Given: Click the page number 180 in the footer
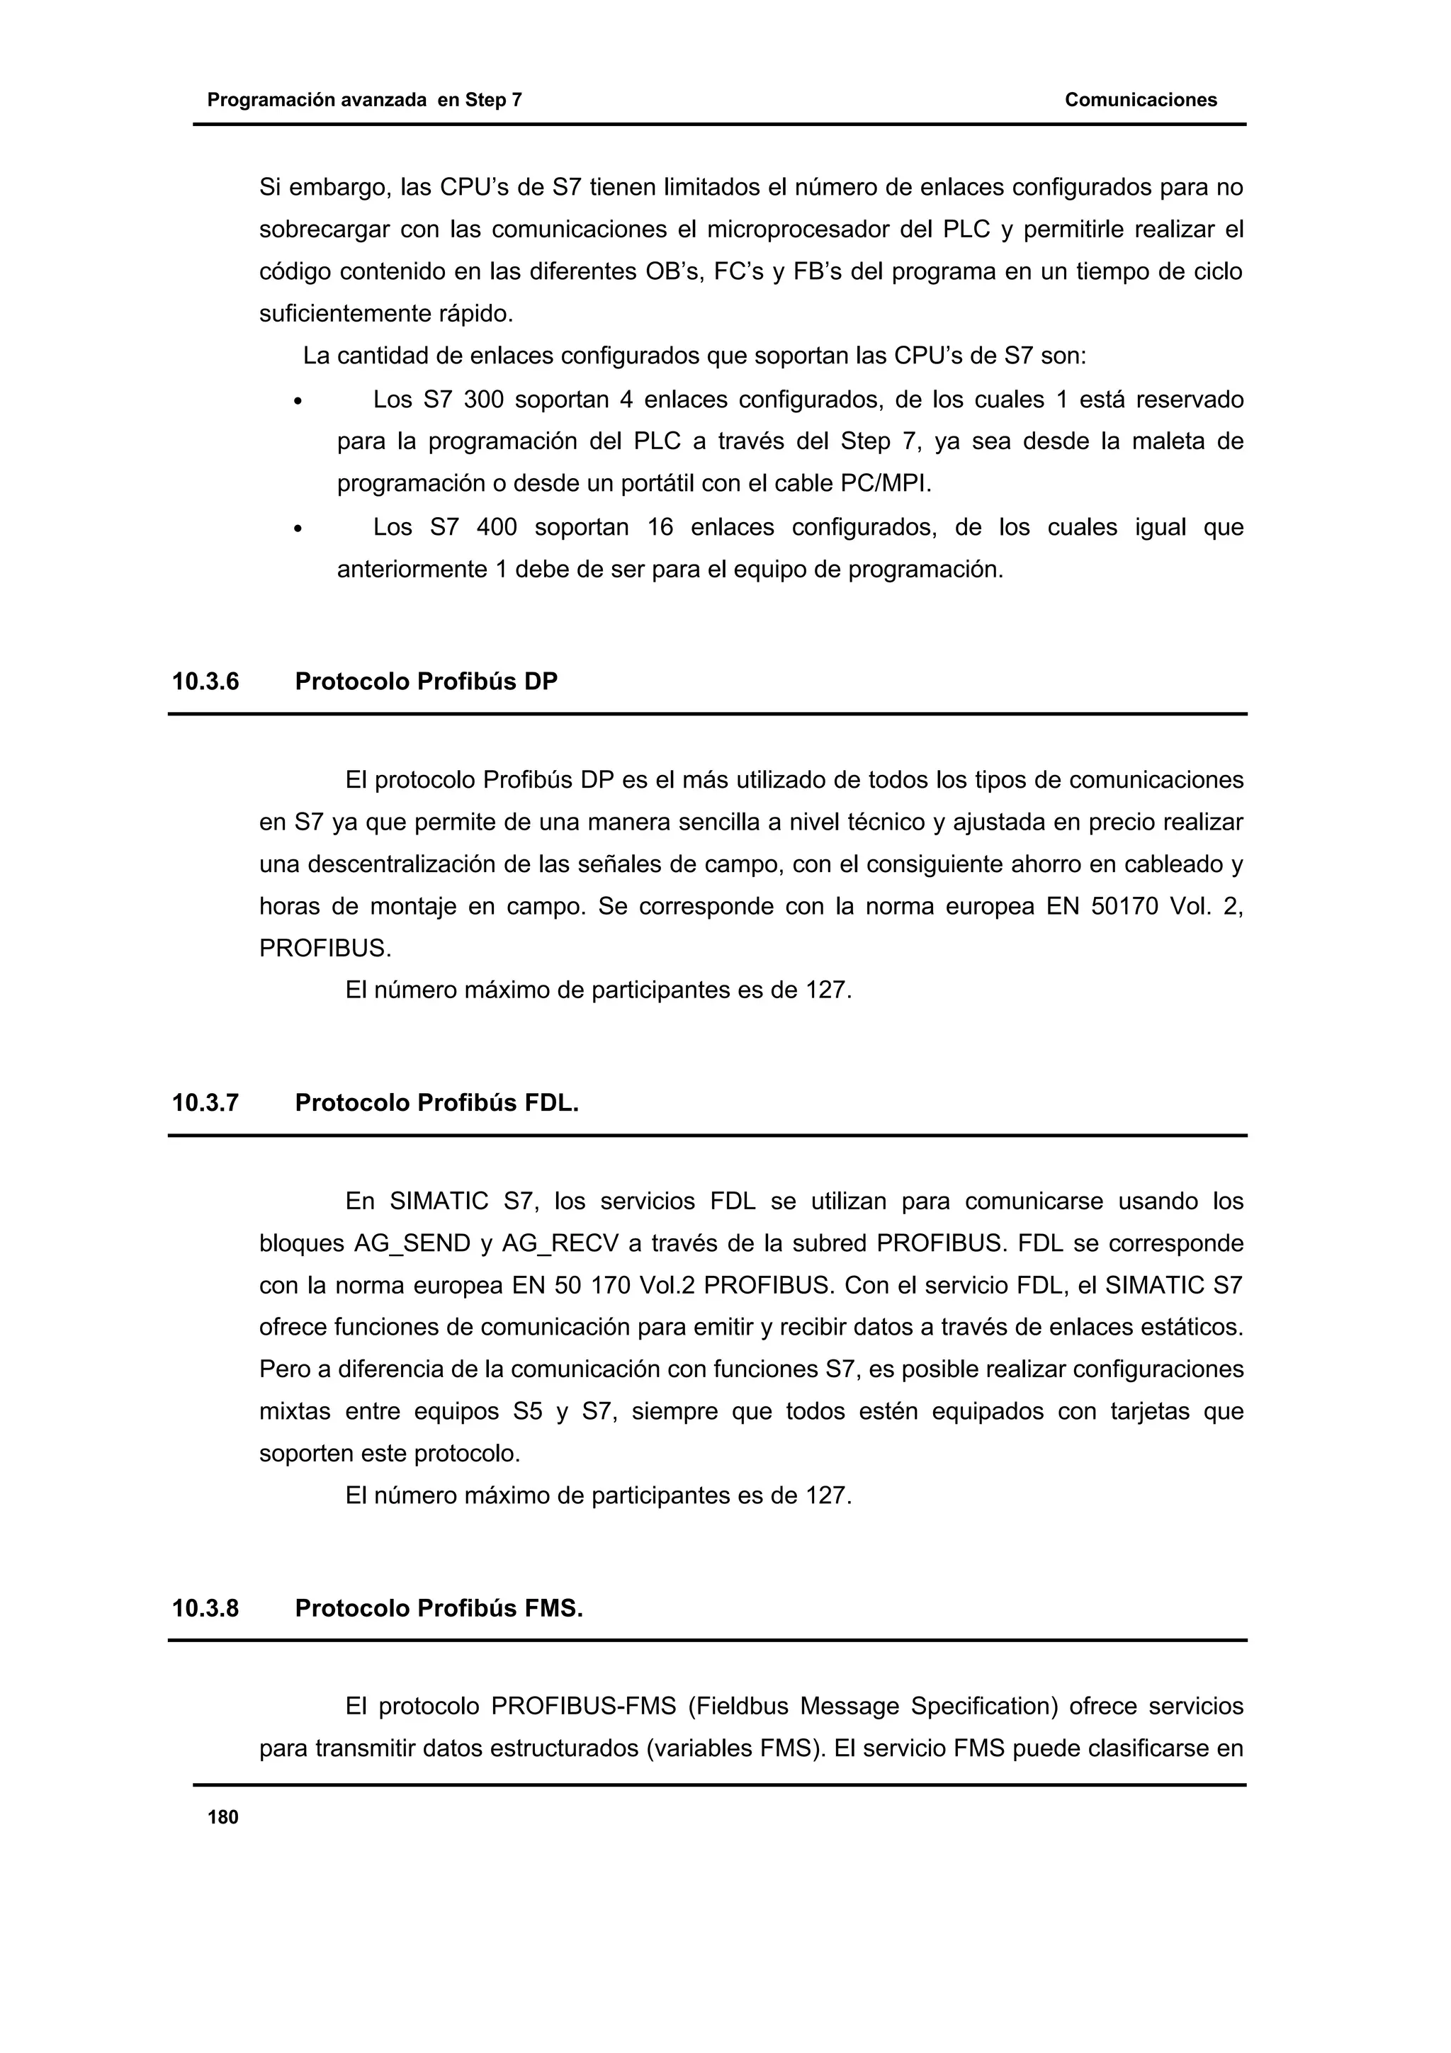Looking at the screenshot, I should pyautogui.click(x=222, y=1817).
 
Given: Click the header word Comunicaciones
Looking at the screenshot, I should pyautogui.click(x=1140, y=100).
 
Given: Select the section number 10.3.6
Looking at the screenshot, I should pyautogui.click(x=205, y=682).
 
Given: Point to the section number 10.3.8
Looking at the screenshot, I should pyautogui.click(x=205, y=1609).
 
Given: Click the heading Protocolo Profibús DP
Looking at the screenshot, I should pyautogui.click(x=426, y=682).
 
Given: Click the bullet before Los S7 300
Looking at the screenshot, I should pyautogui.click(x=298, y=402).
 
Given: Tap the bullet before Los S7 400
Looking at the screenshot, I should pyautogui.click(x=298, y=530).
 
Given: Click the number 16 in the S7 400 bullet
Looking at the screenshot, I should pyautogui.click(x=660, y=528).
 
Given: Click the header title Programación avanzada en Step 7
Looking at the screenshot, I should pyautogui.click(x=365, y=100).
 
